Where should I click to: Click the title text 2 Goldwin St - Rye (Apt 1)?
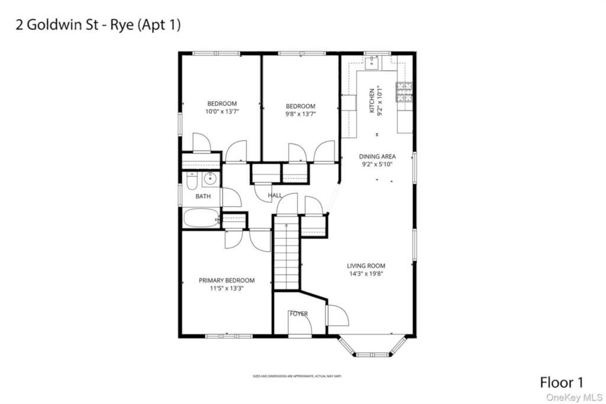(96, 25)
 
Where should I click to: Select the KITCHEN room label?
(372, 101)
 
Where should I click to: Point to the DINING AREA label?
(377, 157)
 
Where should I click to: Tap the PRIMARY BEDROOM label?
(227, 280)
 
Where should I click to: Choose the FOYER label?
(299, 313)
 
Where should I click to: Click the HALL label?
(275, 195)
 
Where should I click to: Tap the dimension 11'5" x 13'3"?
(227, 289)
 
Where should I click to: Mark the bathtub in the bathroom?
(201, 218)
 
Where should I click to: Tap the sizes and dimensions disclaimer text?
(297, 376)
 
